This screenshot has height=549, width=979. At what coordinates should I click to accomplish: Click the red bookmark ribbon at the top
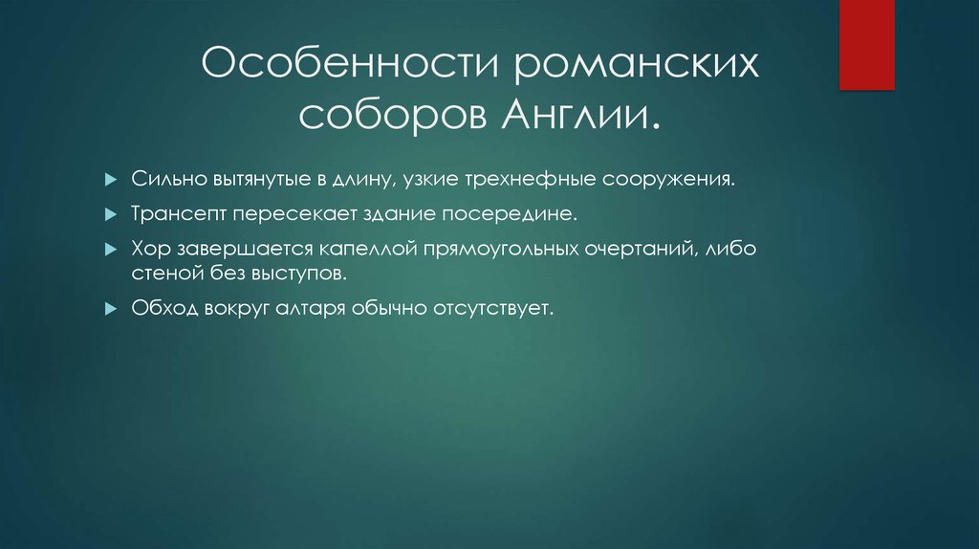pyautogui.click(x=866, y=44)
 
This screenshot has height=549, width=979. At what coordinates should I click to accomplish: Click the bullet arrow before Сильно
pyautogui.click(x=138, y=179)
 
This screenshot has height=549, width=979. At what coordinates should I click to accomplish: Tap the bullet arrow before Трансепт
pyautogui.click(x=138, y=214)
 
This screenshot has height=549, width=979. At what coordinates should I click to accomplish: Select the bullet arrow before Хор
pyautogui.click(x=138, y=250)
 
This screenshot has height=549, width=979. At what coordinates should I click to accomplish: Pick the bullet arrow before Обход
pyautogui.click(x=138, y=309)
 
